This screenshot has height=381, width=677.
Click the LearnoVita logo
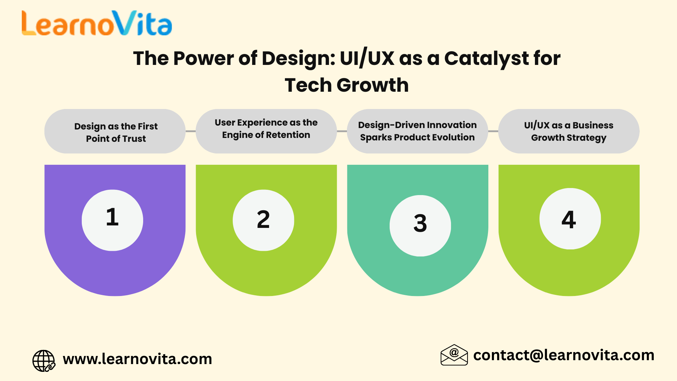pos(97,23)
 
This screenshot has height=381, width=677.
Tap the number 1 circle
pos(112,220)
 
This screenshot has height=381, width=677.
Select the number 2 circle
pos(263,220)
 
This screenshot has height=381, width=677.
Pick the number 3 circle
pos(420,225)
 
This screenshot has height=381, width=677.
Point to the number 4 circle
pos(570,219)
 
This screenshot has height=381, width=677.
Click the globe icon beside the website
pos(44,361)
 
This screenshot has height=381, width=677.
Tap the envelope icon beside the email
pos(454,355)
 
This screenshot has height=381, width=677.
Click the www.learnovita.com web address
pos(138,359)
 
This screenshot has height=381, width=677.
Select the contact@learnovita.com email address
pos(564,355)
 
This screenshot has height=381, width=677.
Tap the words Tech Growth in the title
pos(347,85)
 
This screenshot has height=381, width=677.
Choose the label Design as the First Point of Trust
pos(116,132)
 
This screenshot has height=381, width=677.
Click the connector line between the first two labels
pos(191,131)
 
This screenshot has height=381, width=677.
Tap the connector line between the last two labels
pos(493,131)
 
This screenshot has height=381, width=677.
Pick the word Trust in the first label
pos(134,139)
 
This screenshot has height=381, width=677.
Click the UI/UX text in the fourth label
pos(537,125)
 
